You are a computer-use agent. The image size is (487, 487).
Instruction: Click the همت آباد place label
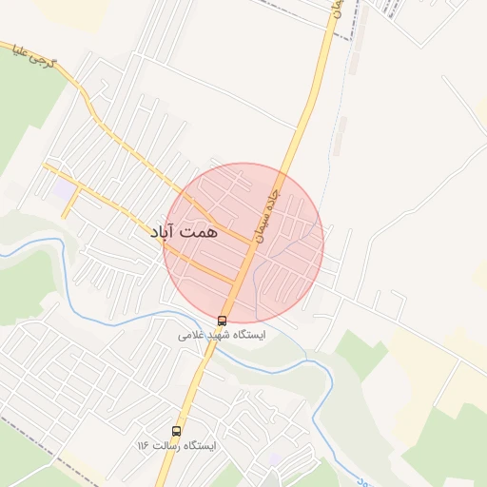(x=185, y=231)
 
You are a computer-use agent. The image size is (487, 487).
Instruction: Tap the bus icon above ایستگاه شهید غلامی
(x=223, y=321)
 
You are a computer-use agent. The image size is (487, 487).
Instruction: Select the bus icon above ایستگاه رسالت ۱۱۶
(x=176, y=431)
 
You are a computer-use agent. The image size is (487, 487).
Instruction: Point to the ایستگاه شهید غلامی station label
(x=223, y=336)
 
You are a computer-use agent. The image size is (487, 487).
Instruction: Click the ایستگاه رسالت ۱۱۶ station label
(x=176, y=446)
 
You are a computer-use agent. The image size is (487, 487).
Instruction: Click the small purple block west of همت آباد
(x=64, y=191)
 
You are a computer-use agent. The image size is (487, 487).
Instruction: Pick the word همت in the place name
(x=199, y=231)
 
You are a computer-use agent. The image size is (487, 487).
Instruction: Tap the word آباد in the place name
(x=165, y=231)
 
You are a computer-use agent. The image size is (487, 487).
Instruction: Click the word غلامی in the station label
(x=190, y=336)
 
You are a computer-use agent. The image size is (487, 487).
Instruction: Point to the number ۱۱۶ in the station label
(x=143, y=446)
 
